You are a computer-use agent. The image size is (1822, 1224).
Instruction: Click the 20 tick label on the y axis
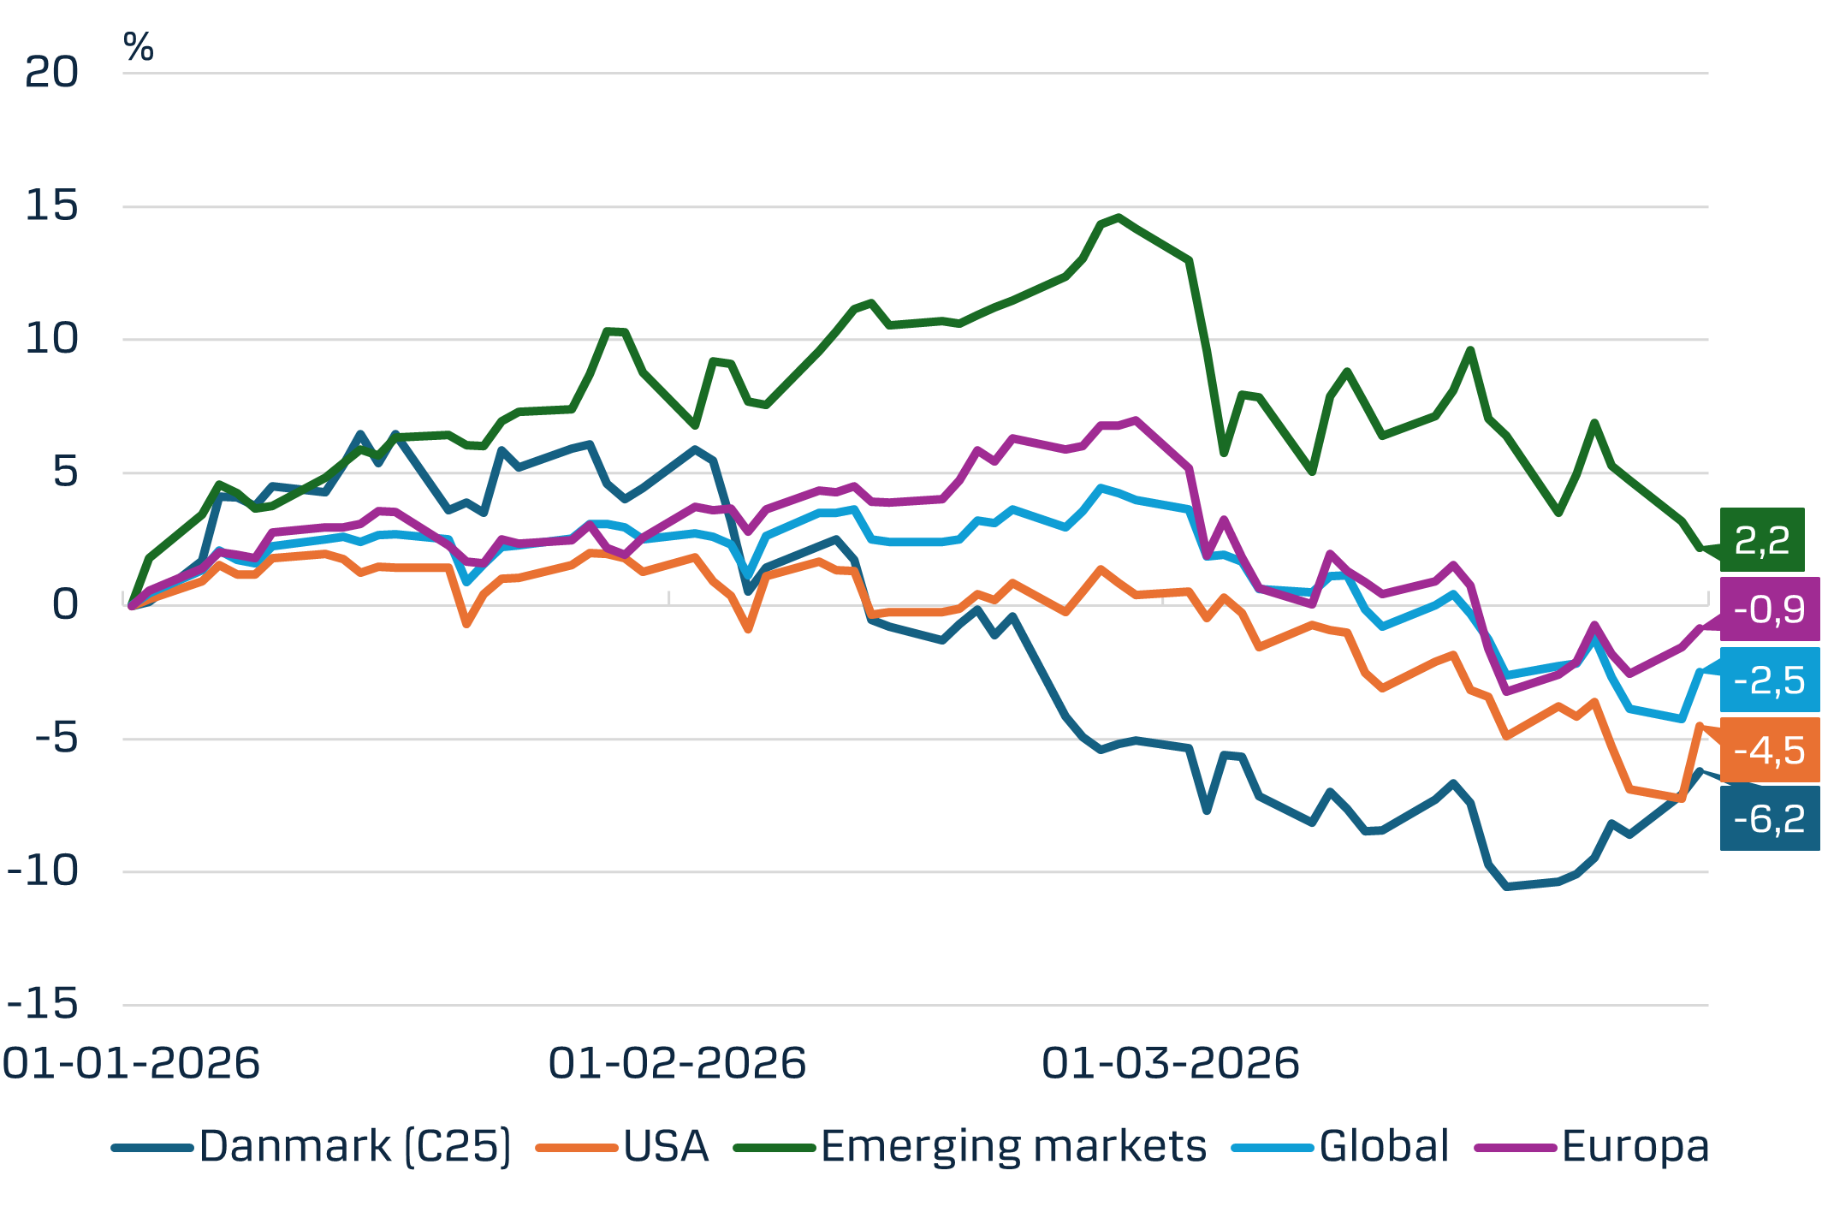(x=50, y=73)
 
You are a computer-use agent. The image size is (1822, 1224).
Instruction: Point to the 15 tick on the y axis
(x=50, y=206)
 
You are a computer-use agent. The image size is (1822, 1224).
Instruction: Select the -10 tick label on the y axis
(x=43, y=871)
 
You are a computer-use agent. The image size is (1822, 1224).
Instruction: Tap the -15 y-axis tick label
(x=43, y=1004)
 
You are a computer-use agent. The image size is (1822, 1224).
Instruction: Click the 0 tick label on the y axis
(x=65, y=605)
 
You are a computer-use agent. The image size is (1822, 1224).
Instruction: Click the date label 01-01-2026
(x=131, y=1064)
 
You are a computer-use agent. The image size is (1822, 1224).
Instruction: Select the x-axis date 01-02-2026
(x=677, y=1064)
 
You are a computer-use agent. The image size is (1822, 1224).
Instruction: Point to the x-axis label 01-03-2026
(x=1171, y=1064)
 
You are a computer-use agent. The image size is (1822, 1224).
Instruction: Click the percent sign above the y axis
(x=139, y=47)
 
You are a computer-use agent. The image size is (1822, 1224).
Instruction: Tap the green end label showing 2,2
(x=1761, y=540)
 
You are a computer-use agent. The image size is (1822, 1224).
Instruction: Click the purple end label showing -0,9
(x=1769, y=609)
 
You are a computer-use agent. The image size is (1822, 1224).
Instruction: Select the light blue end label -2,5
(x=1769, y=680)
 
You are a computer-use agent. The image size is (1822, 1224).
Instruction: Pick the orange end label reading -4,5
(x=1769, y=751)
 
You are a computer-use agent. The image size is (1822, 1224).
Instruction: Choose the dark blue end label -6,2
(x=1769, y=819)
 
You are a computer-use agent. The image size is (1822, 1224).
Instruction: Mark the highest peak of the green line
(x=1119, y=217)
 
